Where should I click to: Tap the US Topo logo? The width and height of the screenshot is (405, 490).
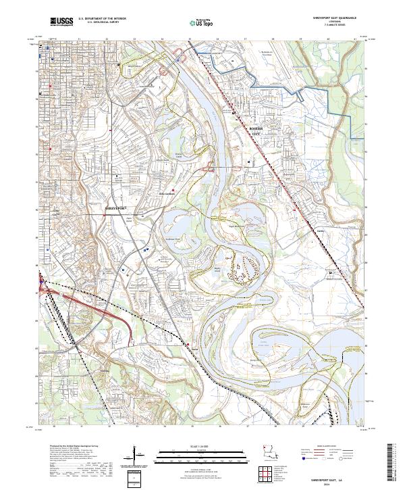point(198,22)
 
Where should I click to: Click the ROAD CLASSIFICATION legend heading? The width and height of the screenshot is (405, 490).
point(323,447)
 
